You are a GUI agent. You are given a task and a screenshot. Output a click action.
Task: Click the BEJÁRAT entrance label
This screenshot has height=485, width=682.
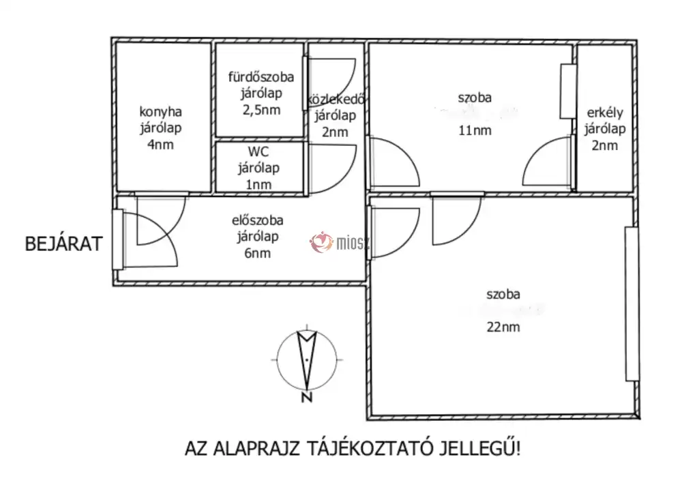point(63,244)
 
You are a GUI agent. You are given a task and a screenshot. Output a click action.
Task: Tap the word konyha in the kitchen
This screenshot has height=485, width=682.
point(160,113)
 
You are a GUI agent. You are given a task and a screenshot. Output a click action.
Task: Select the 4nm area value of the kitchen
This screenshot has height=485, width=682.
point(160,145)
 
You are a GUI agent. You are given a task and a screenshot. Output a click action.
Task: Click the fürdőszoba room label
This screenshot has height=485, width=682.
point(261,77)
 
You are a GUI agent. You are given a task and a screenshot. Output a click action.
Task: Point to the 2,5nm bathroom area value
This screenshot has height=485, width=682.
point(261,110)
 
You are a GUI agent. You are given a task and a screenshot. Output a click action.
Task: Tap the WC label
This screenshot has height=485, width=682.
point(258,152)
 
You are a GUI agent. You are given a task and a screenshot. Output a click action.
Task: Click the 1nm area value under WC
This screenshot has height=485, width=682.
point(258,184)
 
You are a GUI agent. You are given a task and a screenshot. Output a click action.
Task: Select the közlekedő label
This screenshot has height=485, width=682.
point(336,100)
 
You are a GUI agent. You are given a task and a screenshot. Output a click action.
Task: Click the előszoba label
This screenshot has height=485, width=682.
point(258,220)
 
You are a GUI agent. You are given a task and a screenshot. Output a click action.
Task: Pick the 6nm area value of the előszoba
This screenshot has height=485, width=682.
point(258,253)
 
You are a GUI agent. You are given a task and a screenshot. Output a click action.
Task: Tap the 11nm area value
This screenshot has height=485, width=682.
point(475,130)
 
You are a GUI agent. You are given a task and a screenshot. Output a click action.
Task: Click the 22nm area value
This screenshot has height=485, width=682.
point(503,327)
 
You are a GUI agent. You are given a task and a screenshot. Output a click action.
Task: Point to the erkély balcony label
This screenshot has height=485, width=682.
point(604,113)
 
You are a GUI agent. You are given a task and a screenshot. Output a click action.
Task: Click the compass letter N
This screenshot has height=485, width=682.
point(307,398)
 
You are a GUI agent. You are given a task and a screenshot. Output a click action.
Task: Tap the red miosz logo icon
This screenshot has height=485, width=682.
point(322,242)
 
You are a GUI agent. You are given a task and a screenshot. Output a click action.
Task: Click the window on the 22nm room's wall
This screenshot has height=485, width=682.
point(632,304)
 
